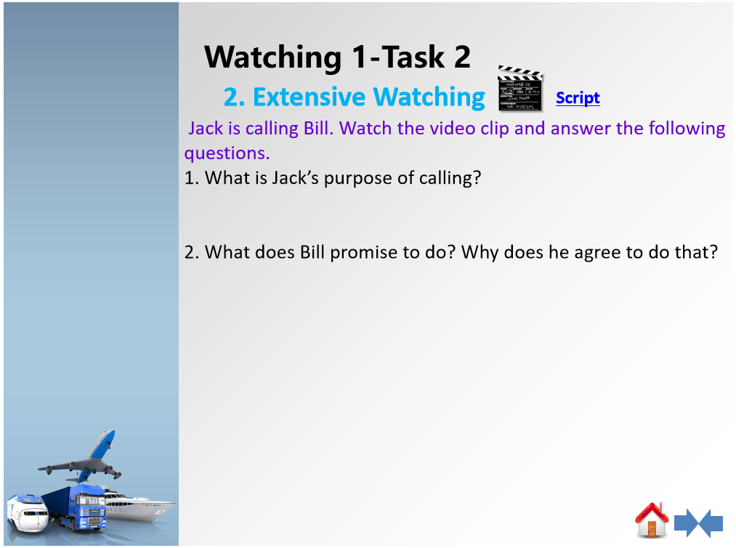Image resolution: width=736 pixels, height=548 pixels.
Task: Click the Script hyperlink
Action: point(578,97)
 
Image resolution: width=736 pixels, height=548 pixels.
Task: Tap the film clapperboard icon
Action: point(520,89)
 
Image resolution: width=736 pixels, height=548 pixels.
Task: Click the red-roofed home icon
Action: point(652,520)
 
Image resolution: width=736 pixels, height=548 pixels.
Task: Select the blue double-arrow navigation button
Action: point(698,523)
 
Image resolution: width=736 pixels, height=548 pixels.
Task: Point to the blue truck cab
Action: point(87,508)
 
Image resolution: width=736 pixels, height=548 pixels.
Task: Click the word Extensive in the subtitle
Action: point(309,97)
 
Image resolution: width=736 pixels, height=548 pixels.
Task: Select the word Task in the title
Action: point(413,57)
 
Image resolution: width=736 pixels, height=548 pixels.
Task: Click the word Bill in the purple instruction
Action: point(318,128)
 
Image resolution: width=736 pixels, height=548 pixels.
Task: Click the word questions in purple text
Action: point(227,153)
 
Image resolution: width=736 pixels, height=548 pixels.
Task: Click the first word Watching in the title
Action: point(272,57)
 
